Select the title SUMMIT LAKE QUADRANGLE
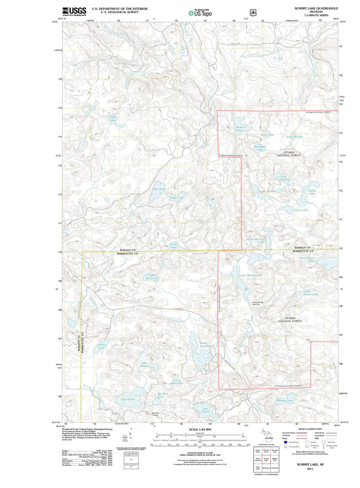tap(316, 8)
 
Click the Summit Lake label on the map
tap(240, 129)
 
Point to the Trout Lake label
tap(267, 135)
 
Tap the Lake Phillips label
tap(294, 137)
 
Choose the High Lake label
tap(113, 118)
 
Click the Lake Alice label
tap(158, 189)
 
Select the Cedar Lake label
tap(176, 198)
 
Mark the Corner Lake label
tap(174, 246)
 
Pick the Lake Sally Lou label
tap(152, 277)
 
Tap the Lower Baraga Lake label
tap(250, 275)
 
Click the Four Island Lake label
tap(207, 345)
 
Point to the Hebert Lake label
tap(101, 346)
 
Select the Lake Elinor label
tap(128, 399)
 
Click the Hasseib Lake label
tap(284, 400)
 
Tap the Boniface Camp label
tap(155, 414)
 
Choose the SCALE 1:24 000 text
tap(200, 429)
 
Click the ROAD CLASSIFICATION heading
tap(310, 429)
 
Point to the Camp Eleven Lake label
tap(310, 293)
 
